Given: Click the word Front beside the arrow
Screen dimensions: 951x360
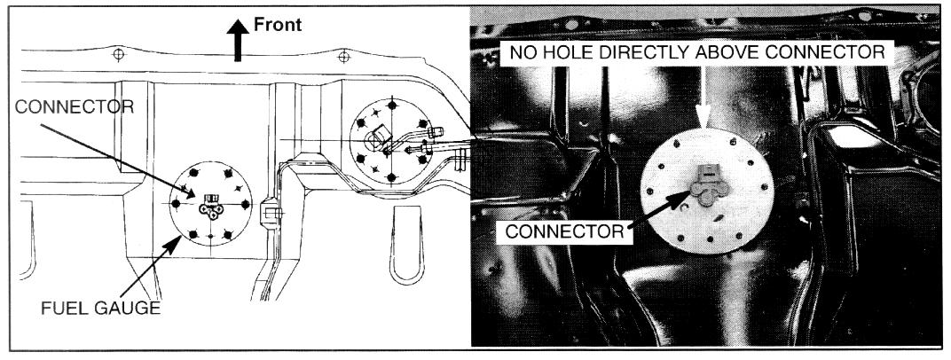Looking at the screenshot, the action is (279, 25).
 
